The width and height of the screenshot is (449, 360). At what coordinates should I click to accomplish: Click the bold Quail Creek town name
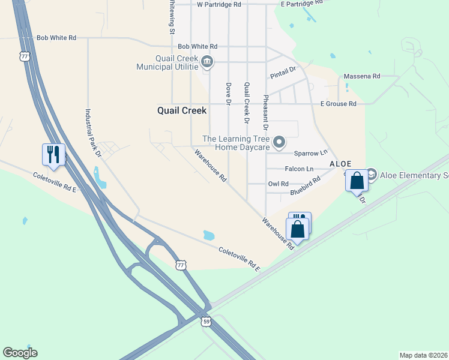[181, 110]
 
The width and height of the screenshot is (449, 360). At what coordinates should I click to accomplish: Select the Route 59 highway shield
[206, 321]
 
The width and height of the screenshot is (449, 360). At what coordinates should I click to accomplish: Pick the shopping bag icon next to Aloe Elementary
[357, 181]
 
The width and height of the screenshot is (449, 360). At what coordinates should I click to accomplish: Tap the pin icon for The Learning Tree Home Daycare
[279, 142]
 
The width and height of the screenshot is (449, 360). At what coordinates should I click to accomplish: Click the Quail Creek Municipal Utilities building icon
[207, 61]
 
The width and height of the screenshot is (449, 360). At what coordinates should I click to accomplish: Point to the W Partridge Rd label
[219, 4]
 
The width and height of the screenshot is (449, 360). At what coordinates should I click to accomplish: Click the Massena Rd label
[362, 76]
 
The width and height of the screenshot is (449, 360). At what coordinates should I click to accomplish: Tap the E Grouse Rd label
[338, 104]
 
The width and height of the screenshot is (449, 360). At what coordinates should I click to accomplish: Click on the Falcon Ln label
[299, 169]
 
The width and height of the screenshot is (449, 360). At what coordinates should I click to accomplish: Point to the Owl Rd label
[278, 184]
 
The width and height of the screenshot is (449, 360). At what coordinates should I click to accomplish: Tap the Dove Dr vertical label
[229, 94]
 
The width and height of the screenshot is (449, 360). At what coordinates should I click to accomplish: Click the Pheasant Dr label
[265, 112]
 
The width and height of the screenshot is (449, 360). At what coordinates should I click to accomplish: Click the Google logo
[20, 353]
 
